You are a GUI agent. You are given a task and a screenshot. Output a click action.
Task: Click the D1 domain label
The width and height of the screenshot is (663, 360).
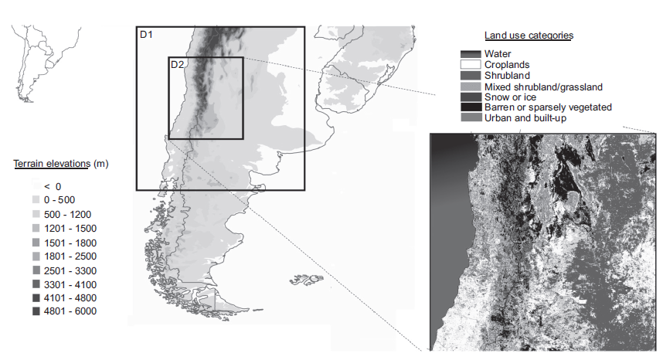[147, 35]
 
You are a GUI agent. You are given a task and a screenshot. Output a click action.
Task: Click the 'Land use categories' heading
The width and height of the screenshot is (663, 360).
[529, 36]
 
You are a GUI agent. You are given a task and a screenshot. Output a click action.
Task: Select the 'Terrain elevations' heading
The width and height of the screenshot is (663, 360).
[51, 164]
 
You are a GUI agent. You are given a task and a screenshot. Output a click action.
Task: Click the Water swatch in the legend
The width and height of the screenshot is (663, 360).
[470, 54]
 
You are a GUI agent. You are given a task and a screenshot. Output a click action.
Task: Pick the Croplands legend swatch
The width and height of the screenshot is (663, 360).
[470, 65]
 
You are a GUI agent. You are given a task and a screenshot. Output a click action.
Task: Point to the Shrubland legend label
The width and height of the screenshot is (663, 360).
[507, 76]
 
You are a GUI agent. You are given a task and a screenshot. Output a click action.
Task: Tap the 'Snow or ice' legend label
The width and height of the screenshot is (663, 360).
[509, 97]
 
